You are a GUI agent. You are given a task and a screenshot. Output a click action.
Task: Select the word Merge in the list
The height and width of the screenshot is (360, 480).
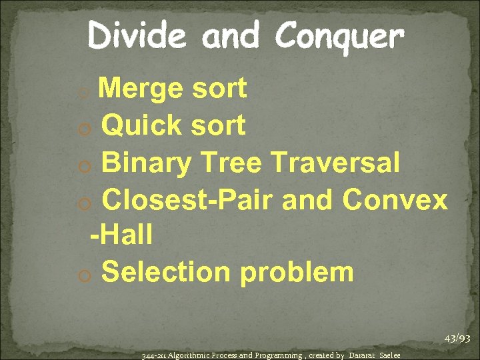(142, 88)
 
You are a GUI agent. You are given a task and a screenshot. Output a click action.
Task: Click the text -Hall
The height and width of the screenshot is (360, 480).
(121, 235)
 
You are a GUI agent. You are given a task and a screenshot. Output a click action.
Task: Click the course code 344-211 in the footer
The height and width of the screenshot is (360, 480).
(154, 355)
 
